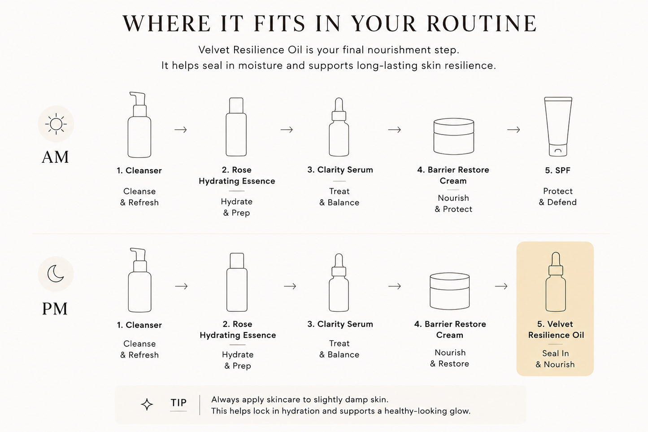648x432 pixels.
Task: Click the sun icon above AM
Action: pyautogui.click(x=56, y=124)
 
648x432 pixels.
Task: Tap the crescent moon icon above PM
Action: pyautogui.click(x=55, y=274)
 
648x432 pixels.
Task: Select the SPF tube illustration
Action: pyautogui.click(x=558, y=127)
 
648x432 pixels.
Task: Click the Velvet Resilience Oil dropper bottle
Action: pyautogui.click(x=556, y=282)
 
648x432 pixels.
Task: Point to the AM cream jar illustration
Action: pyautogui.click(x=454, y=136)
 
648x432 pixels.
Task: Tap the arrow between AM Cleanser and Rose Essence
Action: pyautogui.click(x=181, y=130)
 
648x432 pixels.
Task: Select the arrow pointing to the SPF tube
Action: pyautogui.click(x=513, y=130)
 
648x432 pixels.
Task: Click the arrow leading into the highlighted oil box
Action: pyautogui.click(x=501, y=286)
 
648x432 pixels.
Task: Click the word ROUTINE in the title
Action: pyautogui.click(x=482, y=23)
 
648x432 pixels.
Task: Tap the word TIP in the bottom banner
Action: pyautogui.click(x=178, y=403)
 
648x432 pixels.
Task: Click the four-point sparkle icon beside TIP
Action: pyautogui.click(x=147, y=404)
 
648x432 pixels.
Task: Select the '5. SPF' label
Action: pyautogui.click(x=558, y=170)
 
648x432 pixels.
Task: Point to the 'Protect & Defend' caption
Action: pyautogui.click(x=558, y=196)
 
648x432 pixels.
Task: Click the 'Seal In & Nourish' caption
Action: pyautogui.click(x=556, y=359)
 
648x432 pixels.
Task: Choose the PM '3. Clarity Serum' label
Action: pyautogui.click(x=340, y=324)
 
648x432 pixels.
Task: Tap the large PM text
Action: pyautogui.click(x=55, y=309)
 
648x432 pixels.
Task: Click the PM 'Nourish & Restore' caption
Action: pyautogui.click(x=450, y=358)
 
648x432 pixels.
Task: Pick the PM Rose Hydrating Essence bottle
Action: pyautogui.click(x=237, y=282)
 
